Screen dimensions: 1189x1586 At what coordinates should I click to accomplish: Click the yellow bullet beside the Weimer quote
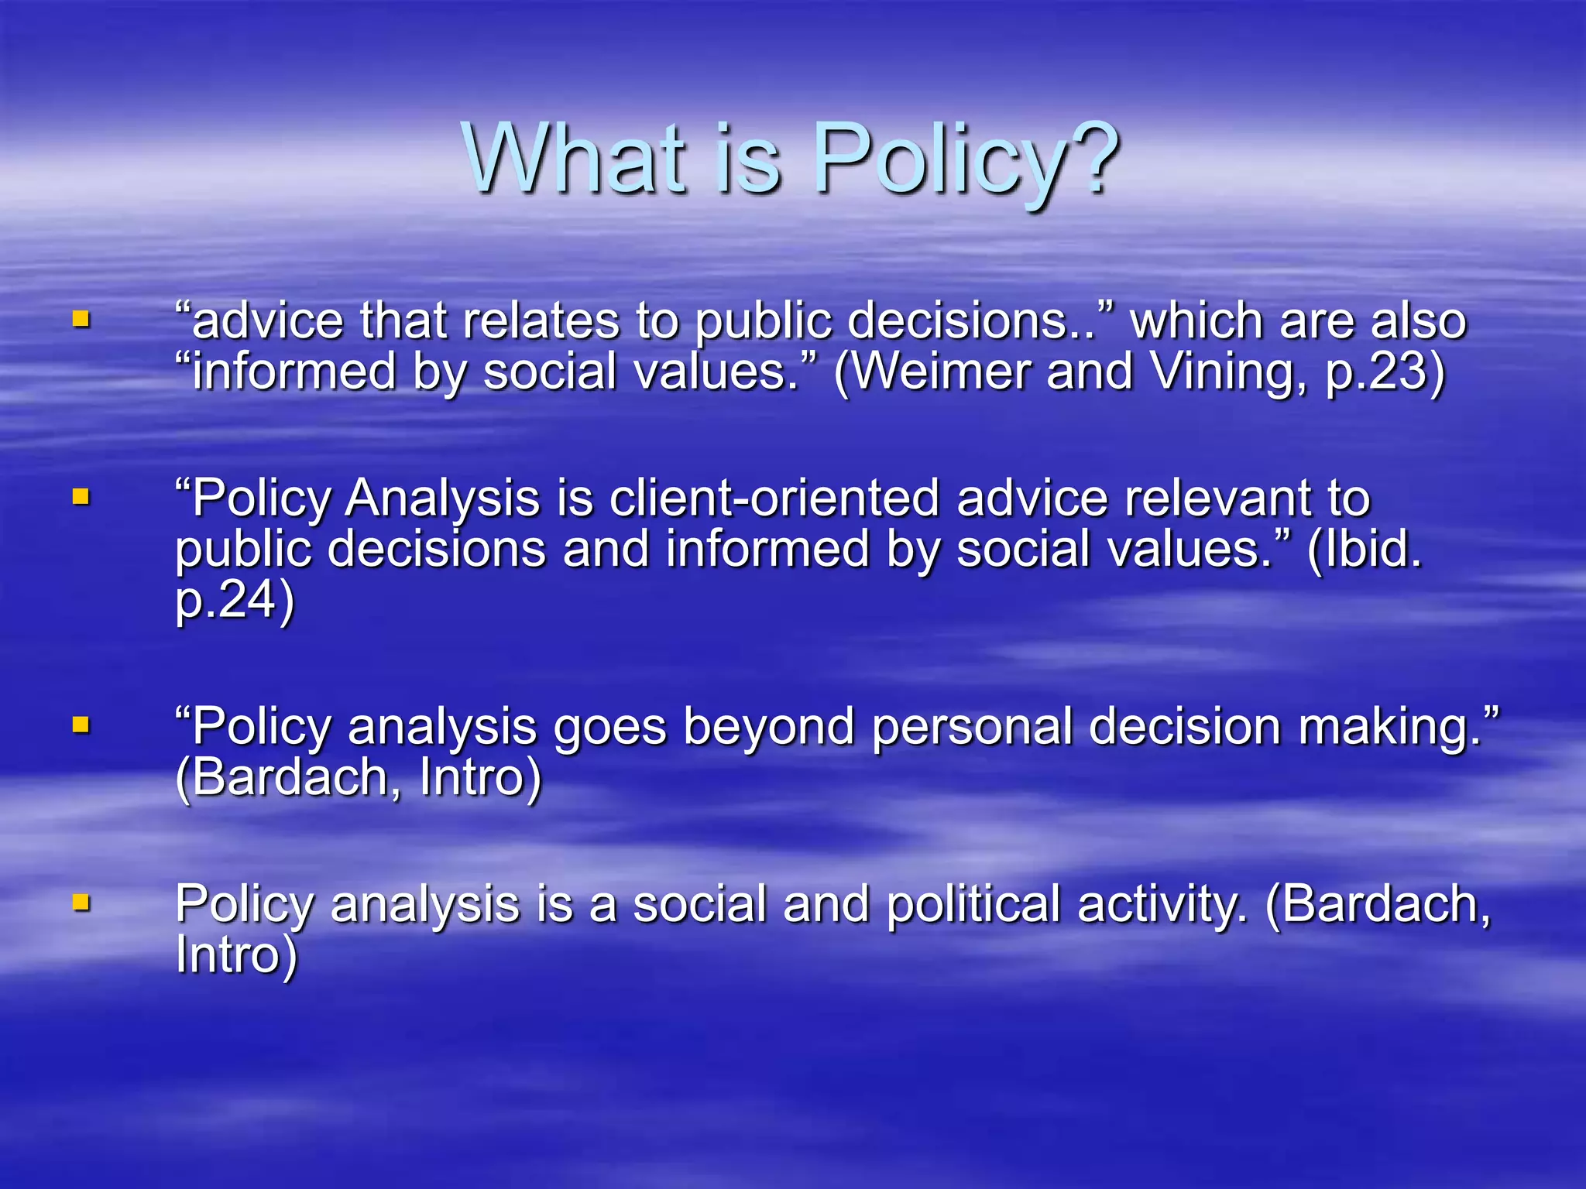[x=81, y=319]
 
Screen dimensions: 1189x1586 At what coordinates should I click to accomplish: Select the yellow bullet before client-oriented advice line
[x=81, y=496]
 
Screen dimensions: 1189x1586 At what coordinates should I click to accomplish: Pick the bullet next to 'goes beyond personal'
[x=81, y=725]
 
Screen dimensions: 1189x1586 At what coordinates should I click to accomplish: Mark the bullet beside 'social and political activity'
[x=81, y=902]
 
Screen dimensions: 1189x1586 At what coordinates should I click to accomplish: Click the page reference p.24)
[x=235, y=600]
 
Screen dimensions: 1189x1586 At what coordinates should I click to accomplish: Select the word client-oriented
[x=774, y=498]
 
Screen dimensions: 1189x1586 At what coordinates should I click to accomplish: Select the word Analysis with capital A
[x=442, y=498]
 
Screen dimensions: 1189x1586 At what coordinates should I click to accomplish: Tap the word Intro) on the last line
[x=236, y=955]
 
